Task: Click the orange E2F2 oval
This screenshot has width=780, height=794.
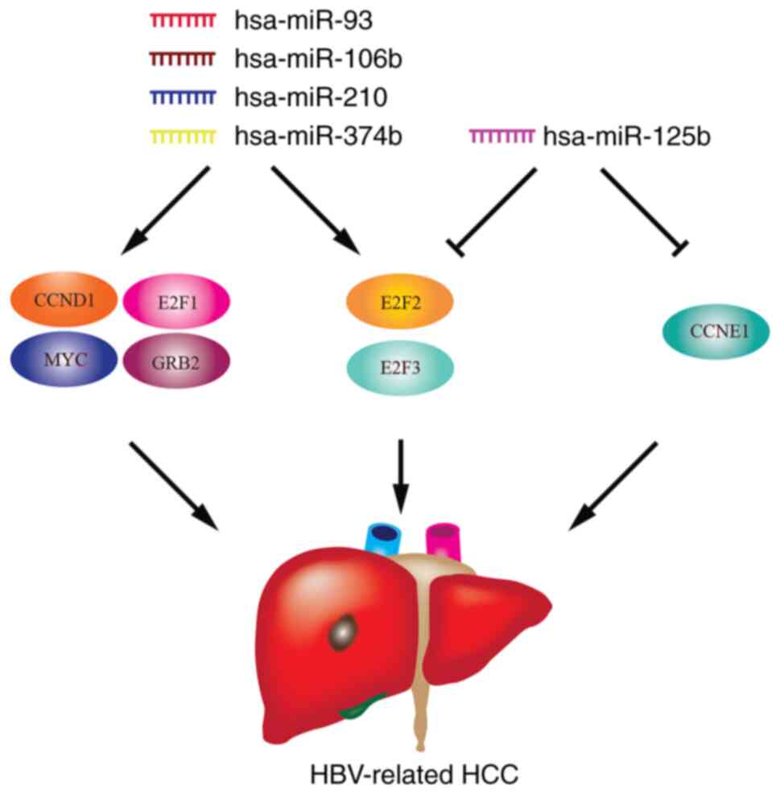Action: [400, 304]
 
